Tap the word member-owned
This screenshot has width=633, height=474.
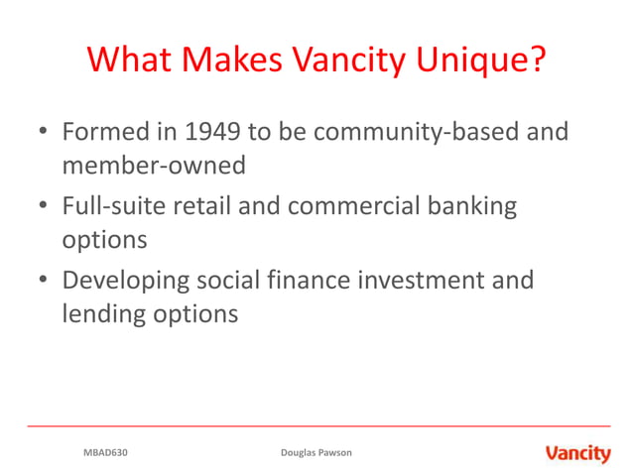(x=153, y=166)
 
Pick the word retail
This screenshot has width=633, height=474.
(x=199, y=206)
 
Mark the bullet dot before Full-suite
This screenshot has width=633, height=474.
(x=43, y=207)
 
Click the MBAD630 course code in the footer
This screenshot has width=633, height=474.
(x=105, y=453)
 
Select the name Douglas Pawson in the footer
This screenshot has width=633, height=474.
(x=316, y=453)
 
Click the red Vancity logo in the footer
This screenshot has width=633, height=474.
(x=577, y=453)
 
